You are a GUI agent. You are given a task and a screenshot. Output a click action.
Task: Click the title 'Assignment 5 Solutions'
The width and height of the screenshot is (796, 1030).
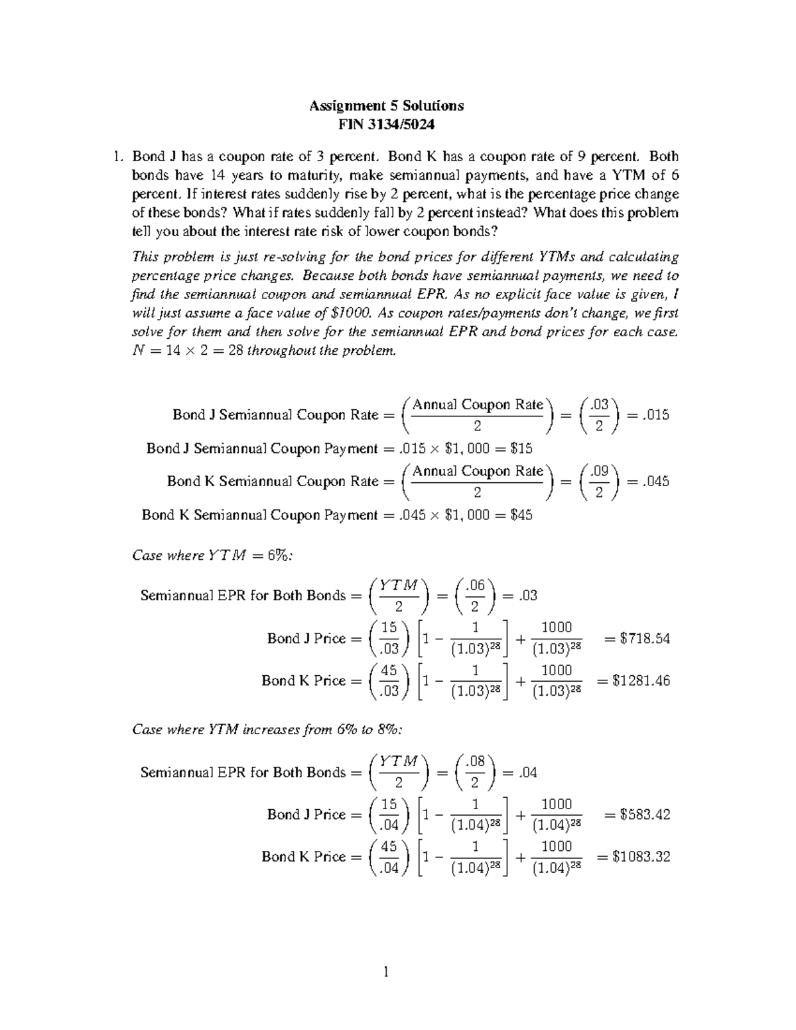(x=387, y=105)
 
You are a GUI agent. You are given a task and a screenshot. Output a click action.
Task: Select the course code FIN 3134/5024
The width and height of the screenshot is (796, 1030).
(x=387, y=124)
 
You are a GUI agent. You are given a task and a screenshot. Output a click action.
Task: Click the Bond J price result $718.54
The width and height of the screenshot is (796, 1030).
(x=644, y=639)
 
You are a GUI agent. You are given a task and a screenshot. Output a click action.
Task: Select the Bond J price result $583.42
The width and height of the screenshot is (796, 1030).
(x=644, y=814)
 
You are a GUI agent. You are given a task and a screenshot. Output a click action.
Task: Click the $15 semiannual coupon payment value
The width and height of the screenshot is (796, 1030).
(x=521, y=448)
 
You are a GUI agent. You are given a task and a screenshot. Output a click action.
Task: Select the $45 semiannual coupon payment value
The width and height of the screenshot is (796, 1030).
(x=521, y=515)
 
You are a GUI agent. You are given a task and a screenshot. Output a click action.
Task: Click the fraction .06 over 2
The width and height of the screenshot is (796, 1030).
(x=474, y=596)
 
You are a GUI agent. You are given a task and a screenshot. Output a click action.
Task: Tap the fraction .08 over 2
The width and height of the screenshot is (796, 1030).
(x=474, y=772)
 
